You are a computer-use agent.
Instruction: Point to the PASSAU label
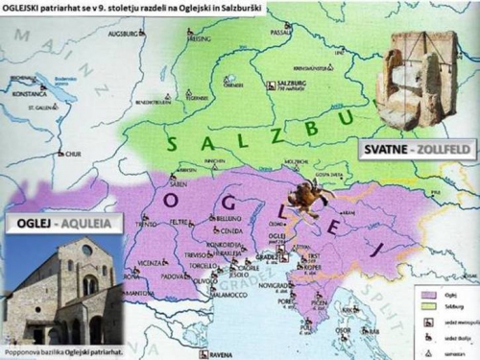(281, 32)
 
